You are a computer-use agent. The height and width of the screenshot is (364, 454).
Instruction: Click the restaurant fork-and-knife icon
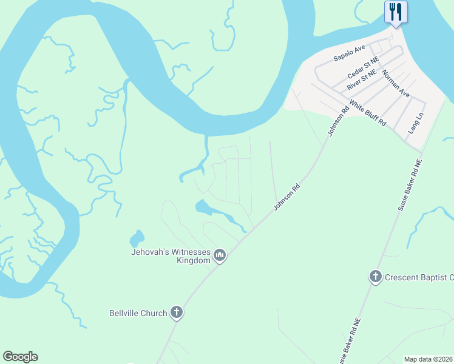[x=396, y=12]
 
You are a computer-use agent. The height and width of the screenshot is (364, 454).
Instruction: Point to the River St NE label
[x=362, y=80]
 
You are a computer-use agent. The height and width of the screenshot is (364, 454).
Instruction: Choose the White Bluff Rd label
[x=368, y=113]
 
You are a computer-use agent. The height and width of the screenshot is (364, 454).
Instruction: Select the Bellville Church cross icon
[x=177, y=313]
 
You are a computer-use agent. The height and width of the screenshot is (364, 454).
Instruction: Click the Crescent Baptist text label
[x=419, y=277]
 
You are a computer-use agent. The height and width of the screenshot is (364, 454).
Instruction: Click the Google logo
[x=20, y=357]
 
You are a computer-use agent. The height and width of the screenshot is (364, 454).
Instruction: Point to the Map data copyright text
[x=429, y=359]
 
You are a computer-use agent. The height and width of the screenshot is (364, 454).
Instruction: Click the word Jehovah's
[x=151, y=252]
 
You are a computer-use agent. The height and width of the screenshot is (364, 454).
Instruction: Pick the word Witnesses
[x=191, y=252]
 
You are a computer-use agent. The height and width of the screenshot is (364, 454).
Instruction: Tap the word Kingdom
[x=193, y=261]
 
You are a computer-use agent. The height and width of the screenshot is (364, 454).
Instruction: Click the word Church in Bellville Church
[x=155, y=313]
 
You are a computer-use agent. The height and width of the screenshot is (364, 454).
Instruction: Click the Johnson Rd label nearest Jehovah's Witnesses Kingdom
[x=287, y=198]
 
